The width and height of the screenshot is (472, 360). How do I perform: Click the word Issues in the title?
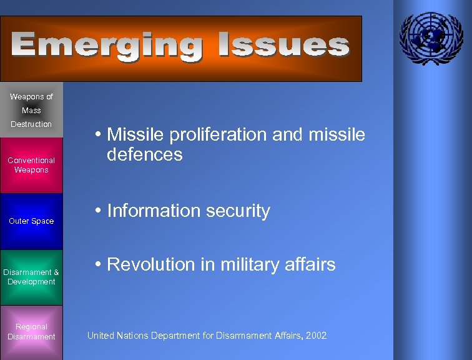point(283,46)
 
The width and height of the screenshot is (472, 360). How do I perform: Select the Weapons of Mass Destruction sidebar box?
point(31,110)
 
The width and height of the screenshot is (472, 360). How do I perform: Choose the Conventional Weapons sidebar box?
point(31,165)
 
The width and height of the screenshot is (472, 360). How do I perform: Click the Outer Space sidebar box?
point(31,221)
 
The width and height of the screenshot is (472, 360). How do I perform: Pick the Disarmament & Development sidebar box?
point(31,277)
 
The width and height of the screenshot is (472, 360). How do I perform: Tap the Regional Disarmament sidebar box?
point(31,332)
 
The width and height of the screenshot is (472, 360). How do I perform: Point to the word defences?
point(144,154)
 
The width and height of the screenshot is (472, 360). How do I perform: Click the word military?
point(239,265)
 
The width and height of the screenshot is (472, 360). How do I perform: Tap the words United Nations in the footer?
point(117,336)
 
